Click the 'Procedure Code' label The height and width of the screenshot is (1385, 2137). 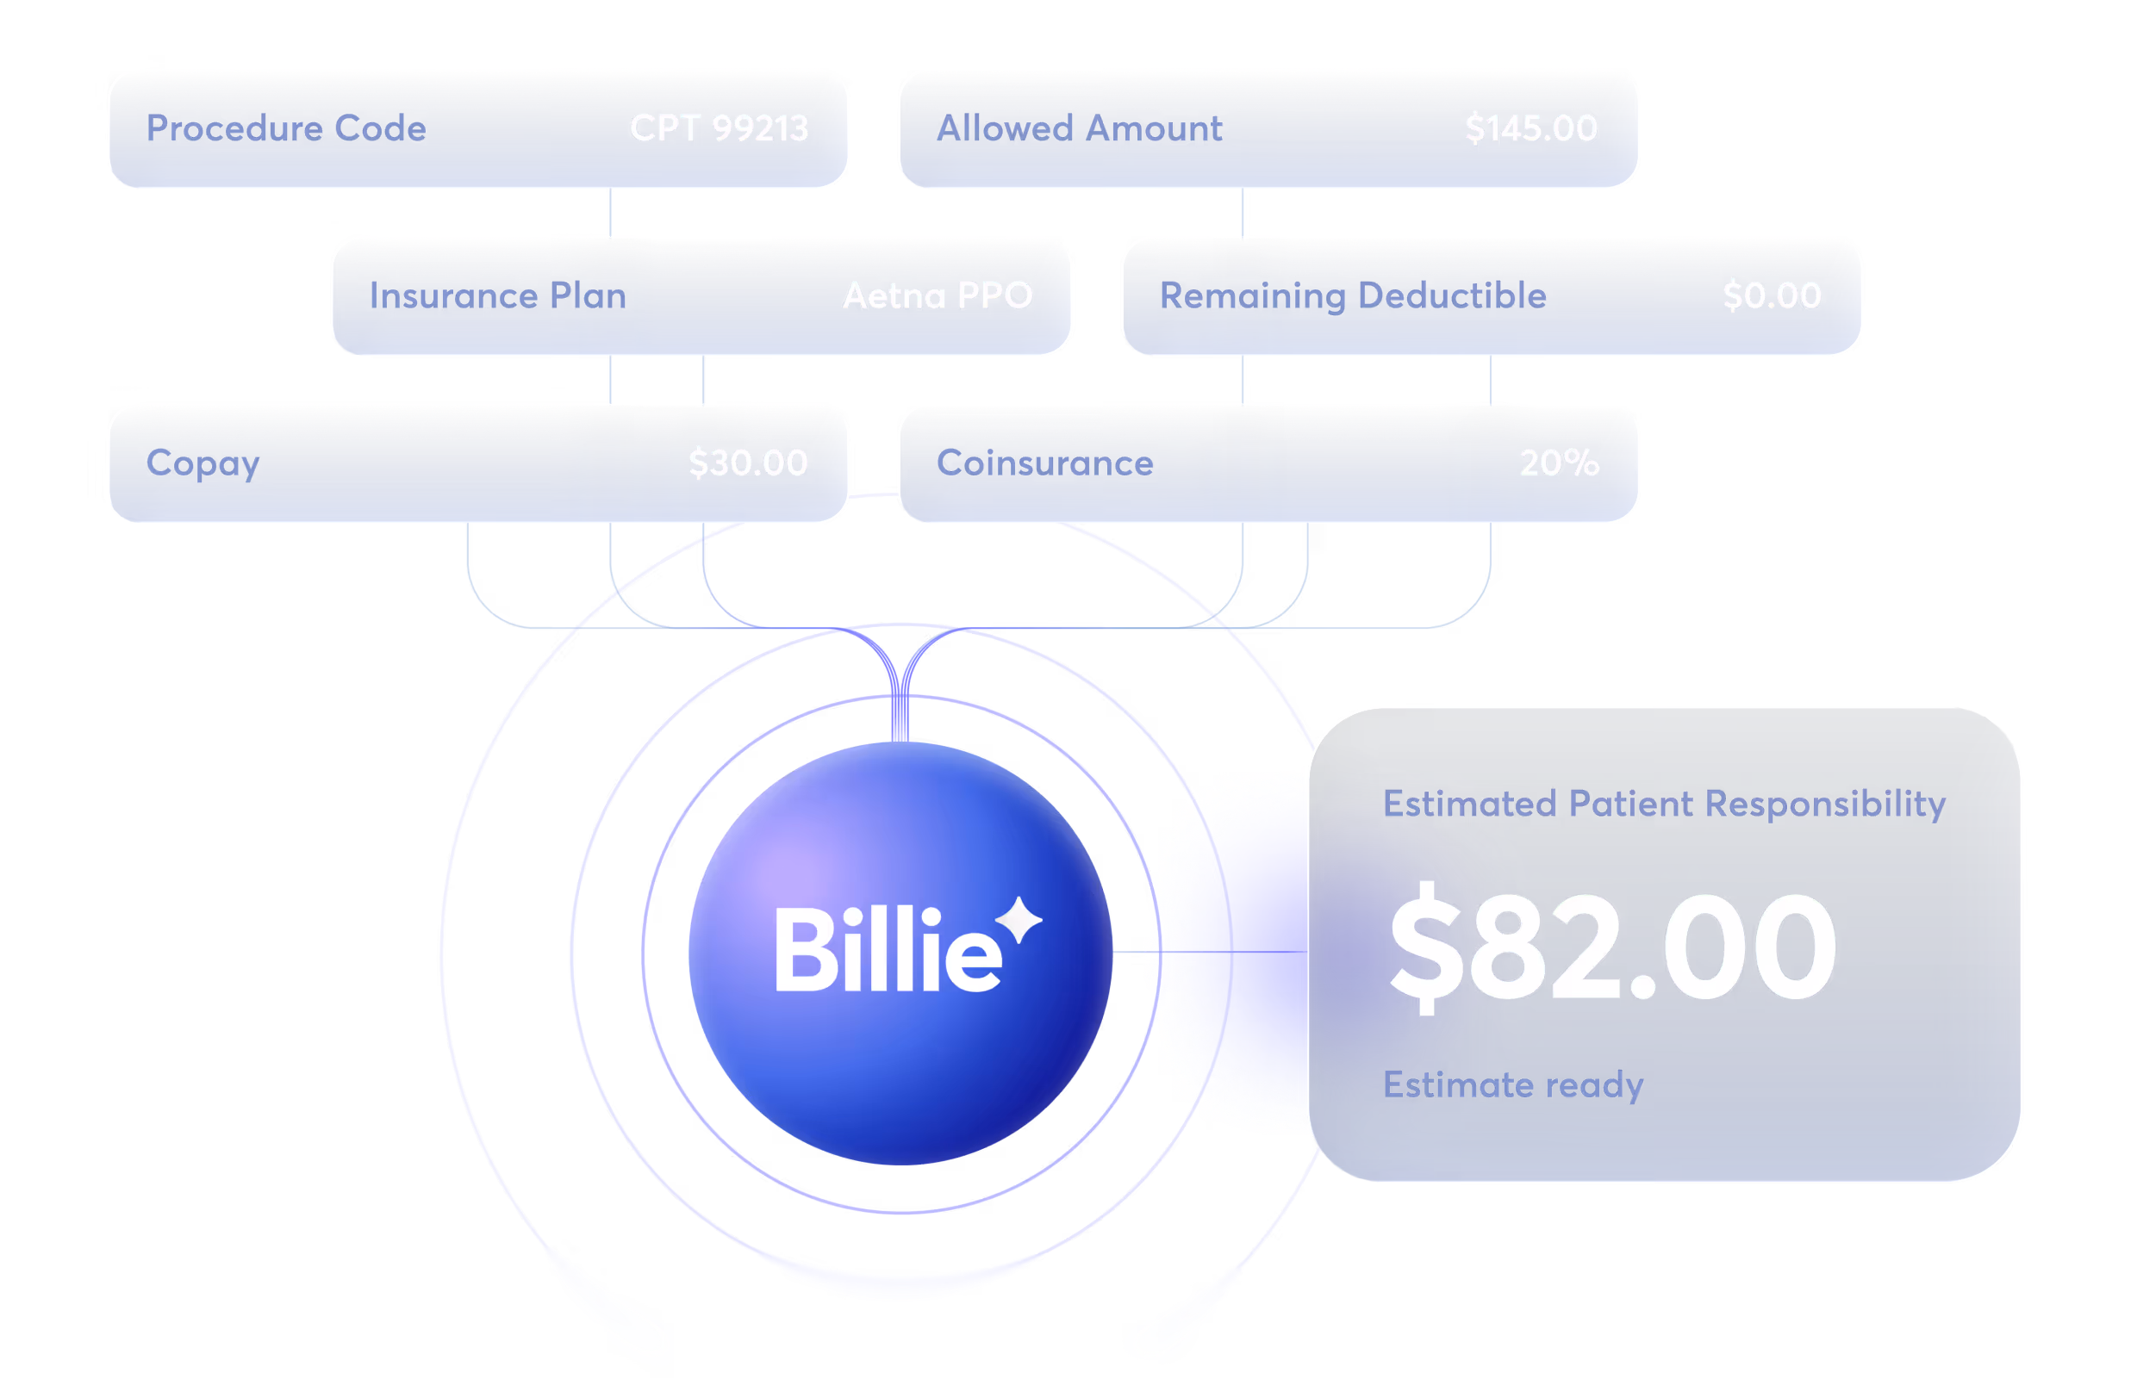coord(285,128)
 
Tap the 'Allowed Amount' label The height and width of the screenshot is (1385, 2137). coord(1080,128)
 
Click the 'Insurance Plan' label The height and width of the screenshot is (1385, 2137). coord(497,296)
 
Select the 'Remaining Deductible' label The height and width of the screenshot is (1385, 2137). coord(1352,296)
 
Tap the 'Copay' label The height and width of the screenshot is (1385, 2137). coord(202,464)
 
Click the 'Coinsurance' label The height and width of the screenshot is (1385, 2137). coord(1044,464)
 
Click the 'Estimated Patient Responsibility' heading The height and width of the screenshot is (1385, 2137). coord(1664,804)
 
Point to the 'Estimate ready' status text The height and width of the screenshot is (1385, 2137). coord(1513,1085)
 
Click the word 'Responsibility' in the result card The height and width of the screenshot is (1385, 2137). coord(1824,804)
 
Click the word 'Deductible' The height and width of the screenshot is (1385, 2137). coord(1452,296)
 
